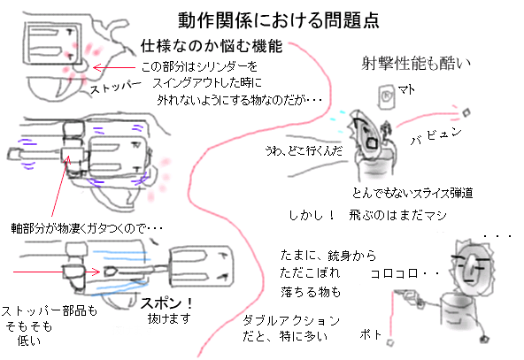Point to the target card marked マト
(388, 93)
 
